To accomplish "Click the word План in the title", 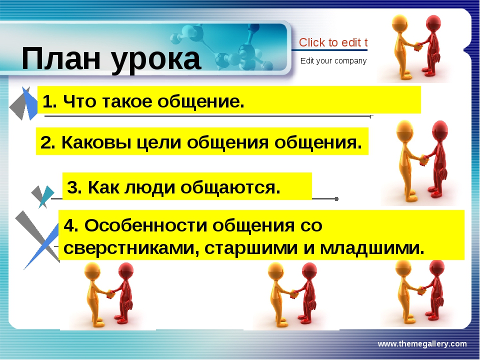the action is tap(61, 58).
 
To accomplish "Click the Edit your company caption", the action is tap(333, 61).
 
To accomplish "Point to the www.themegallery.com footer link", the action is tap(422, 344).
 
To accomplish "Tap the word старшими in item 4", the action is tap(251, 248).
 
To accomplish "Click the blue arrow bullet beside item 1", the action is tap(29, 103).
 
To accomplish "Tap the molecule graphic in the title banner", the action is tap(223, 47).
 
